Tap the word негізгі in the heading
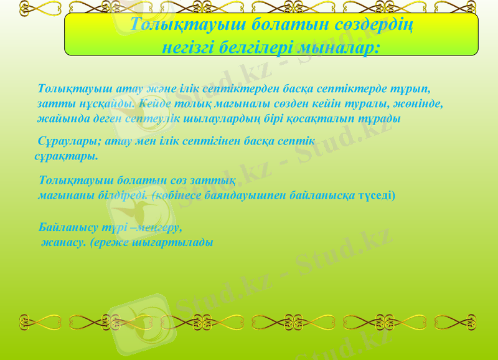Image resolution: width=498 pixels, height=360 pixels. (189, 47)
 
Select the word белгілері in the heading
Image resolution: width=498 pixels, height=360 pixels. (256, 47)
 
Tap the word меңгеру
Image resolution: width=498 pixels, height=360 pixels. (161, 228)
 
